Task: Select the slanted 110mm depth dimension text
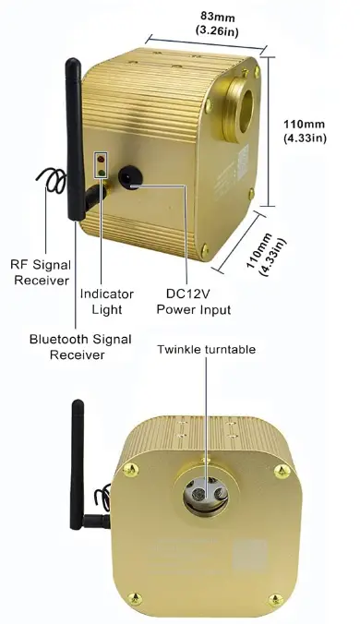click(x=265, y=251)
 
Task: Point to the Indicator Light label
click(x=107, y=302)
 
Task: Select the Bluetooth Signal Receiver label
click(x=78, y=346)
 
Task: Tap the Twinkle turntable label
click(x=204, y=351)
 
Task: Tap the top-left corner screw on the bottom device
click(x=129, y=473)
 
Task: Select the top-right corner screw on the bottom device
click(x=278, y=472)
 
